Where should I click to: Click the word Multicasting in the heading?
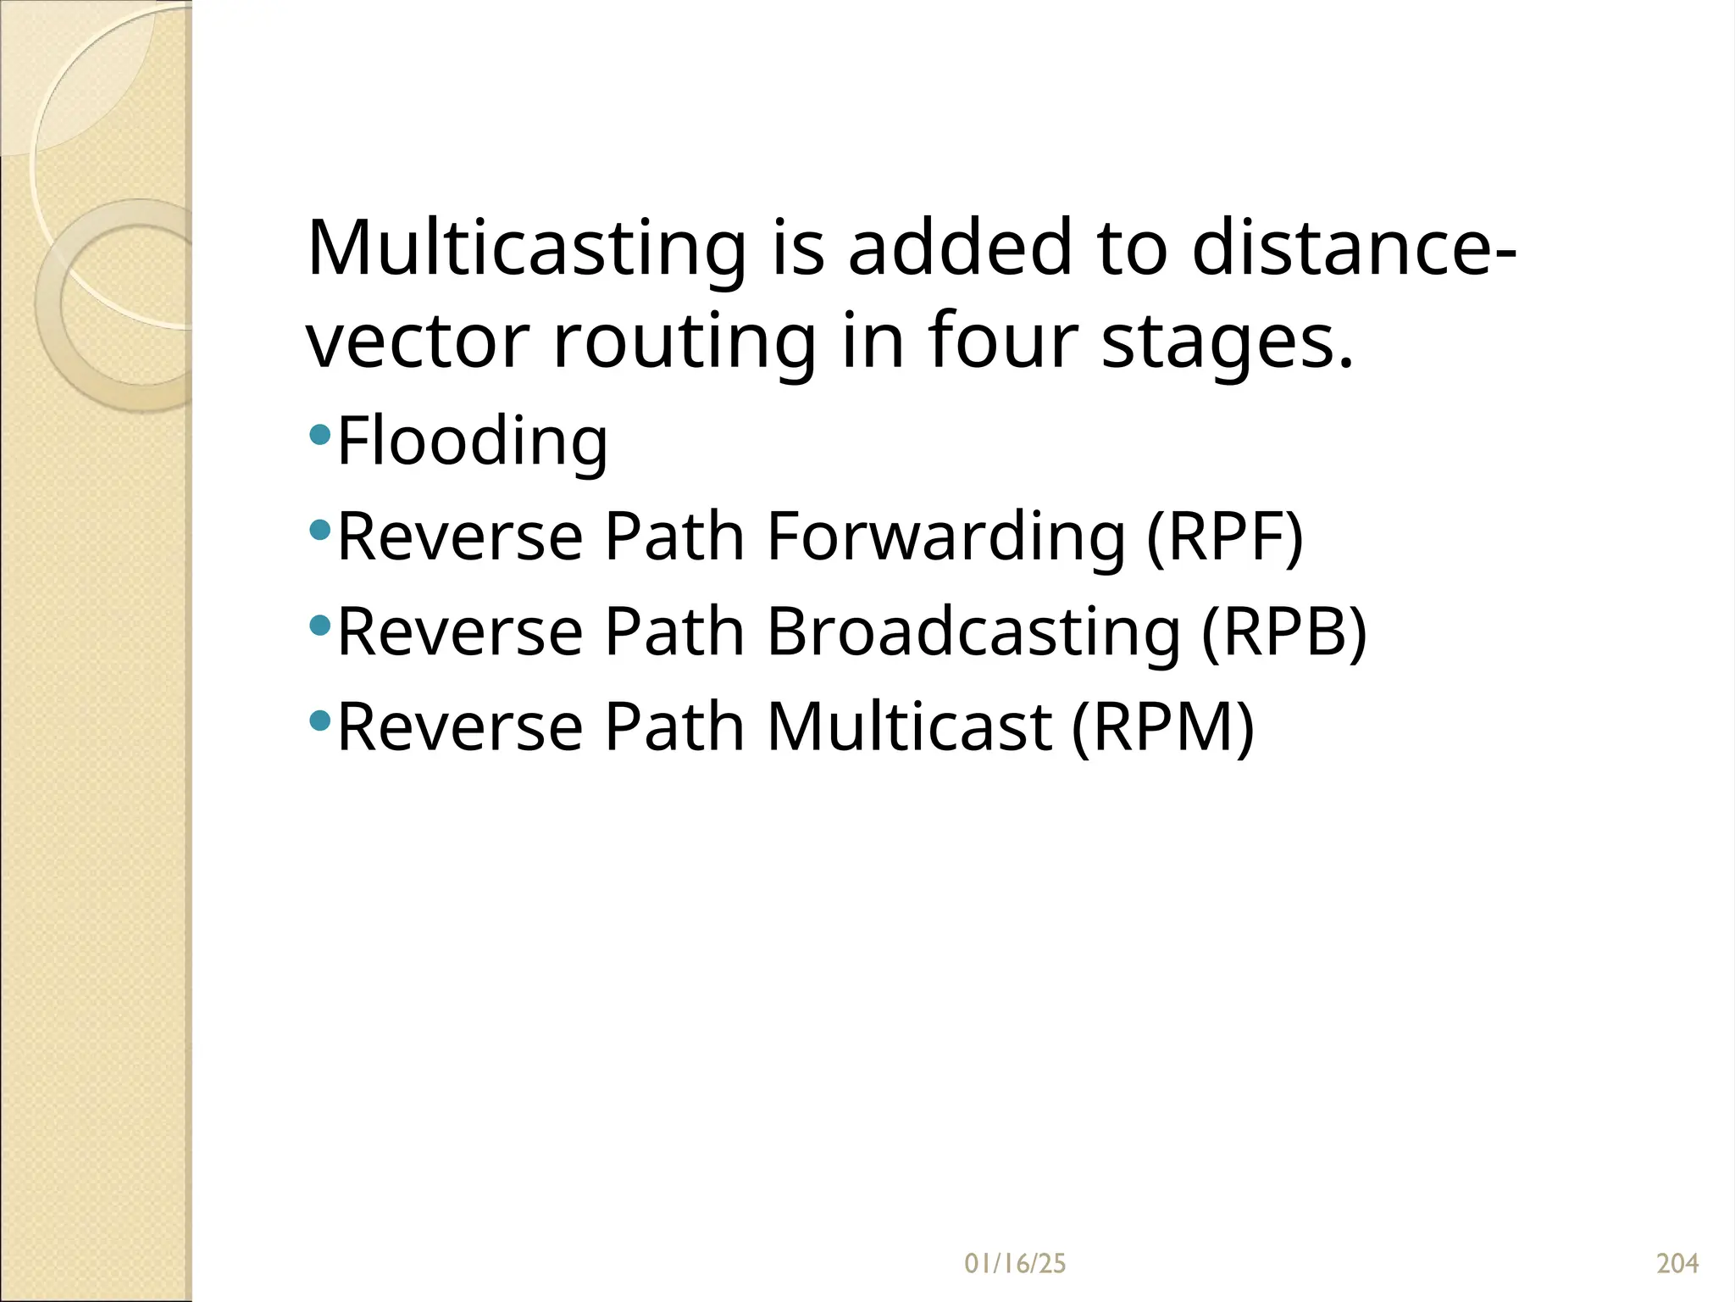(526, 248)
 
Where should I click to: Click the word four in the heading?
(1003, 341)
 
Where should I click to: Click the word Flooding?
(473, 442)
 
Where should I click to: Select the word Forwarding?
(945, 537)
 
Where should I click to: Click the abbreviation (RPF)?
(1224, 537)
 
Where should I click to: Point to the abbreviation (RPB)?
(1283, 632)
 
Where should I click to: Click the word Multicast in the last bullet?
(910, 727)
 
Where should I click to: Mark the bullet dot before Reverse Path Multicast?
(320, 721)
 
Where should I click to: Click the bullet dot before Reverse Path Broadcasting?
(320, 626)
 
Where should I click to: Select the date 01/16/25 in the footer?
(1015, 1264)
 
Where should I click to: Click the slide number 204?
(1677, 1264)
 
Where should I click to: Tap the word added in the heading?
(961, 248)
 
